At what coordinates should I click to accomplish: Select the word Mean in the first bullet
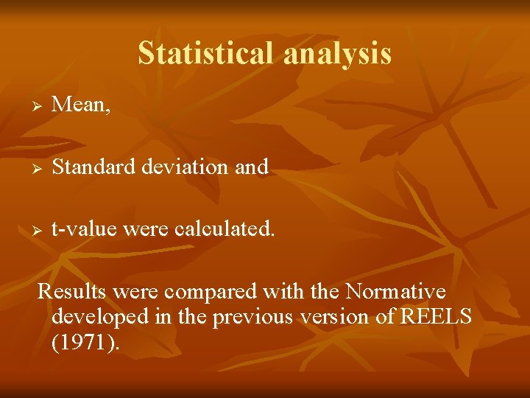pyautogui.click(x=79, y=105)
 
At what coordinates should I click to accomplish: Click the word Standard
pyautogui.click(x=92, y=167)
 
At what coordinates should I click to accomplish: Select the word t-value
pyautogui.click(x=82, y=229)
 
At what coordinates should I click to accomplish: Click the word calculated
pyautogui.click(x=225, y=229)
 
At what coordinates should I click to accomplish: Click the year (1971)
pyautogui.click(x=85, y=343)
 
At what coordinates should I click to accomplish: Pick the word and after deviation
pyautogui.click(x=252, y=167)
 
